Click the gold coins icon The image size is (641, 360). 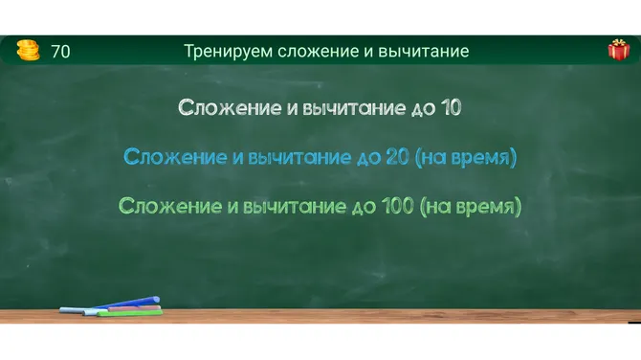29,51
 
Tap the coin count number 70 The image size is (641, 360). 60,52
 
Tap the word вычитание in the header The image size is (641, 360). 425,52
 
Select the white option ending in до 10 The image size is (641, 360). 320,107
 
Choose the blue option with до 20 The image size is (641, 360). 320,156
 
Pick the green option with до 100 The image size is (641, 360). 320,205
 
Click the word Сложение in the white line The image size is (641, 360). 230,107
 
